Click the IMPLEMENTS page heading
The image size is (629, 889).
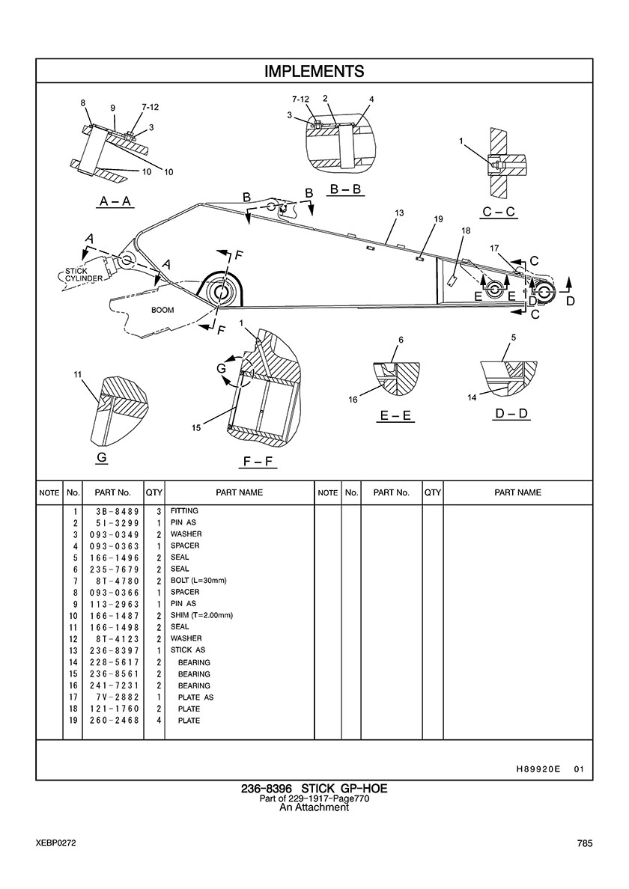click(x=314, y=71)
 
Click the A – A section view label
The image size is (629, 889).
click(x=116, y=201)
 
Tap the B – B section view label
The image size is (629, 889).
click(x=345, y=189)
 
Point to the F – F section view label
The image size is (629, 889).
click(x=258, y=462)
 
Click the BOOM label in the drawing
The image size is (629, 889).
click(x=162, y=310)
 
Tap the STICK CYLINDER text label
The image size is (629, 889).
click(x=84, y=275)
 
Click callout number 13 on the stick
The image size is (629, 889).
click(x=399, y=213)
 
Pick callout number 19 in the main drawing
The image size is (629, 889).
click(x=438, y=219)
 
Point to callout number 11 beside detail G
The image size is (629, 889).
click(x=78, y=374)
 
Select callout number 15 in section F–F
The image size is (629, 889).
click(x=195, y=428)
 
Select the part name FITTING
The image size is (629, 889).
click(x=184, y=511)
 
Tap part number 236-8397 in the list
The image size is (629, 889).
click(x=114, y=650)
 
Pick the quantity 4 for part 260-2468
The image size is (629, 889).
click(x=159, y=720)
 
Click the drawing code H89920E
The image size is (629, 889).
click(x=538, y=769)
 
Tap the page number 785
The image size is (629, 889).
click(x=585, y=843)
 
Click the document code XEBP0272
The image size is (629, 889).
click(x=55, y=843)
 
